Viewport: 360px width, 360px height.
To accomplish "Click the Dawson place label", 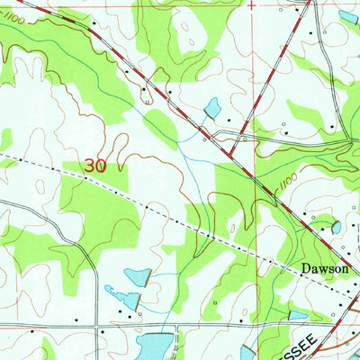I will coord(298,268).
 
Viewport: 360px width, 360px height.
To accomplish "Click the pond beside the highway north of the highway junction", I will coord(212,109).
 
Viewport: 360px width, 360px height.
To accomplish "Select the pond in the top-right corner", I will coord(347,16).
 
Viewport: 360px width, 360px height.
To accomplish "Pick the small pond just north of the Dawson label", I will coord(336,228).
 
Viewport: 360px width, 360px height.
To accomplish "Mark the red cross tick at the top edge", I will coord(251,4).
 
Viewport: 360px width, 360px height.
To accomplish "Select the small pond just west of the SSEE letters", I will coord(296,316).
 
